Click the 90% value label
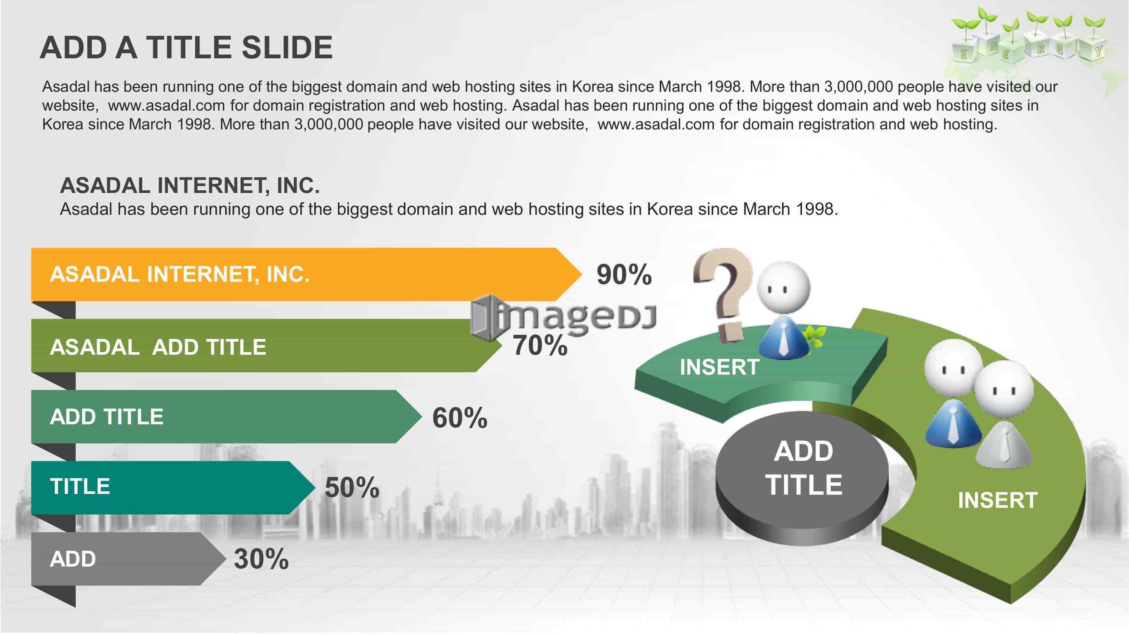click(624, 275)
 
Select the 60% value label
click(460, 417)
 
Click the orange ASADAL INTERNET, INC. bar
click(306, 274)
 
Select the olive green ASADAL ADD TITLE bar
click(266, 346)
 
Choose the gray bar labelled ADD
click(128, 559)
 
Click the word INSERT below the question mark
click(720, 367)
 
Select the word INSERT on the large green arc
click(998, 500)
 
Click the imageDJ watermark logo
click(563, 316)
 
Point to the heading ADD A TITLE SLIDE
click(186, 47)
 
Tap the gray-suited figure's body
click(1003, 445)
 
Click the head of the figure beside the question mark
click(784, 287)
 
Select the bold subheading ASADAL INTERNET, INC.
click(190, 185)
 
